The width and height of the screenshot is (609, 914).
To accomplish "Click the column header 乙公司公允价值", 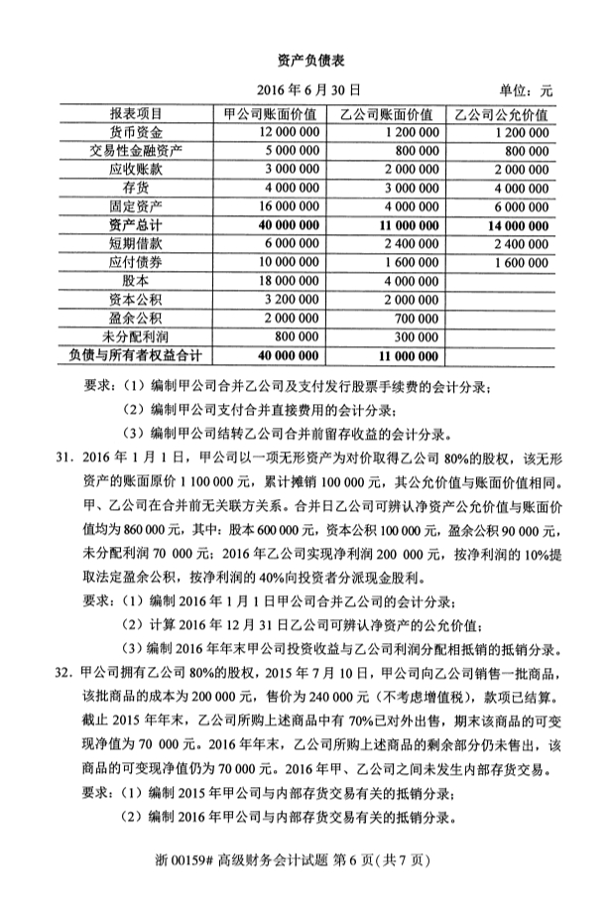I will (x=500, y=113).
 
